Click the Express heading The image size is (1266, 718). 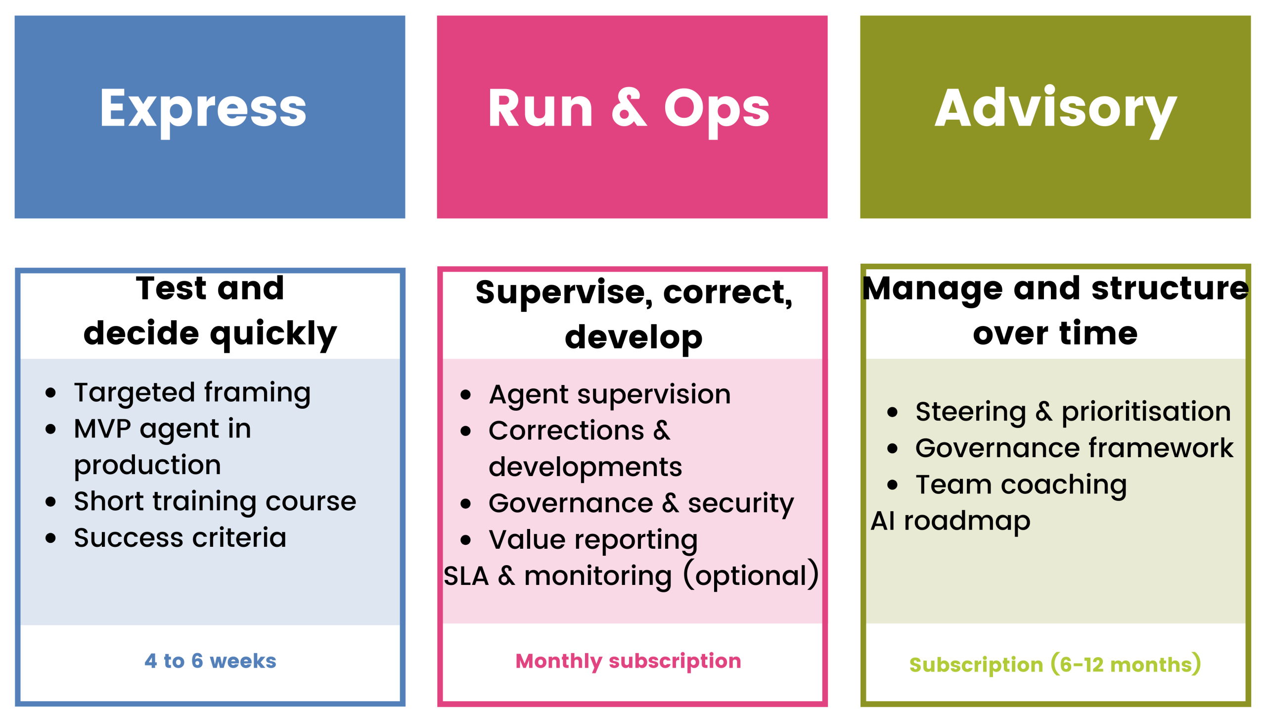tap(203, 109)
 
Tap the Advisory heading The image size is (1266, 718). tap(1055, 109)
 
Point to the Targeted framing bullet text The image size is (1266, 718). tap(192, 393)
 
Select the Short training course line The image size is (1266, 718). tap(215, 502)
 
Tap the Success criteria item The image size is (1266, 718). tap(180, 538)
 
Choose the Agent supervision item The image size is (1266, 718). tap(609, 395)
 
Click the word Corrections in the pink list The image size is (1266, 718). tap(566, 431)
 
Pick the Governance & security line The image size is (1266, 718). tap(641, 504)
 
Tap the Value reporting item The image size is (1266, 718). tap(593, 540)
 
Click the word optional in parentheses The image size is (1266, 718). tap(751, 576)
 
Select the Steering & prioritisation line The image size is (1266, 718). tap(1073, 412)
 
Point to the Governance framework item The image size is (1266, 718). tap(1074, 448)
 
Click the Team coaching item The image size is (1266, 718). tap(1021, 485)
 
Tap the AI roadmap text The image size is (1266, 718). tap(950, 521)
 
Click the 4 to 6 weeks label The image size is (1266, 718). tap(210, 661)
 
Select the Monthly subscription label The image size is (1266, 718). tap(628, 662)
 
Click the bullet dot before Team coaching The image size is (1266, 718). tap(892, 485)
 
